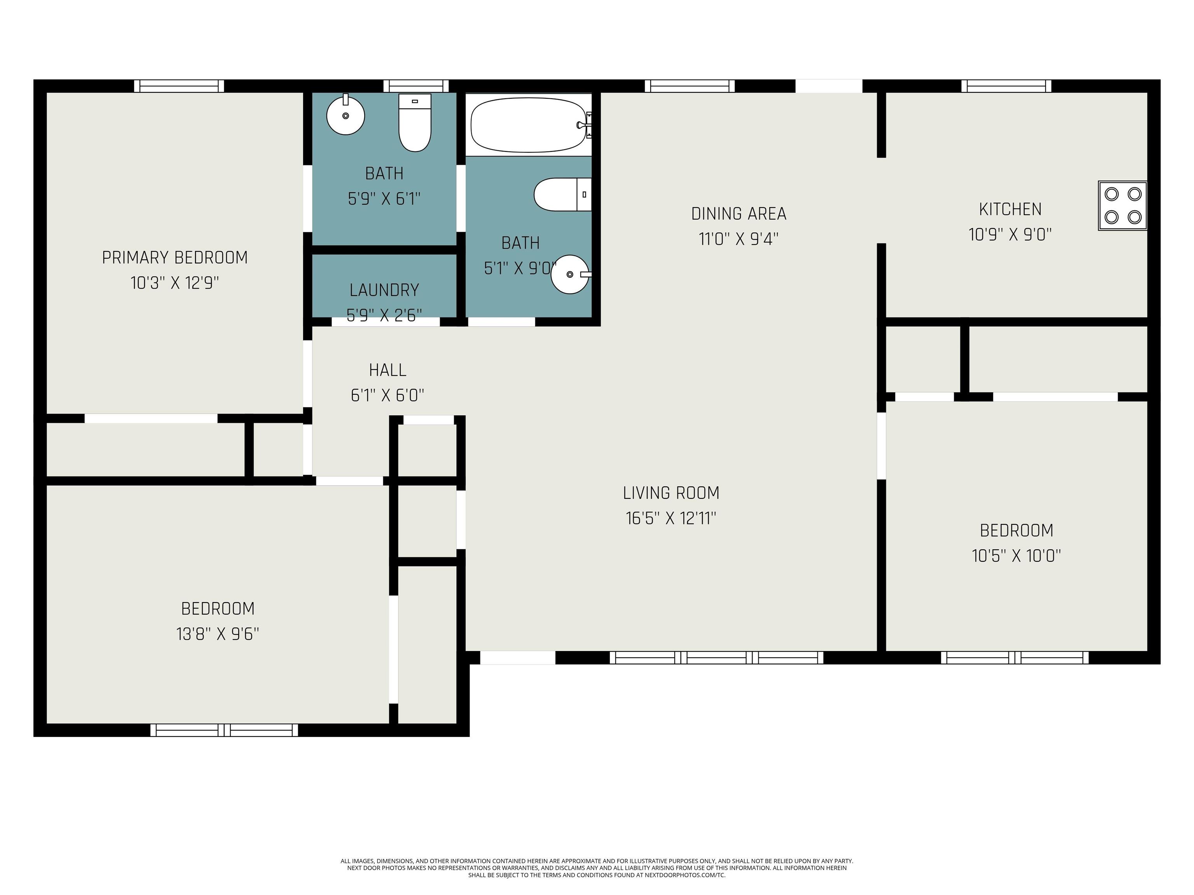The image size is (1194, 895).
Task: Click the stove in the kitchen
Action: (1122, 205)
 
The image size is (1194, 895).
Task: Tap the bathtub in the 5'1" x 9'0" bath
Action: (529, 125)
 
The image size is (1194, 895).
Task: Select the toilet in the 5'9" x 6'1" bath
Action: (415, 122)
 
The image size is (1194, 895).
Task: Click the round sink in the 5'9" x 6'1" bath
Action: (346, 114)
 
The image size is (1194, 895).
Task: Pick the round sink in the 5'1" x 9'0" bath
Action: (571, 274)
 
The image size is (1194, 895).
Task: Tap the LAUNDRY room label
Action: (384, 290)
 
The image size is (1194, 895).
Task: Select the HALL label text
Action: (388, 370)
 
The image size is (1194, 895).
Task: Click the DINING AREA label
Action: (738, 214)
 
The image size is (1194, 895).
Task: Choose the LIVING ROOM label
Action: (671, 493)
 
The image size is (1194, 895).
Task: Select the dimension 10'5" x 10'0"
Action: (1016, 555)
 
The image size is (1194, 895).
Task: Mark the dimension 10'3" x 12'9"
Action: (175, 283)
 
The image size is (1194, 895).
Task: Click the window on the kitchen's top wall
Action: (1006, 86)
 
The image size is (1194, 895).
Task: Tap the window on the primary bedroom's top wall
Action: (179, 86)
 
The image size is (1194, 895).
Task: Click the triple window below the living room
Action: (716, 658)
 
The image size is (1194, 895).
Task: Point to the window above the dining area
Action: (690, 86)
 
